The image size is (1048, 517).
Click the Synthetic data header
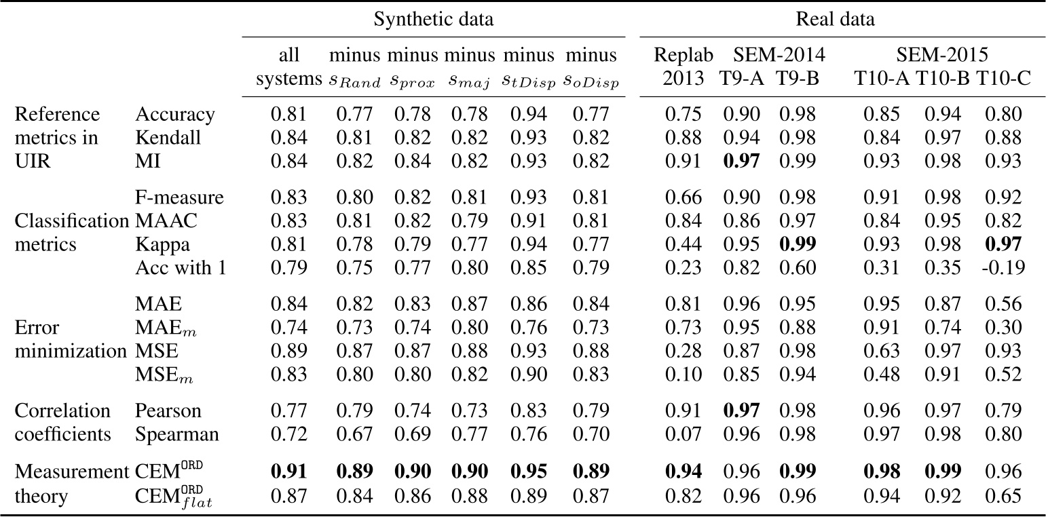click(x=434, y=19)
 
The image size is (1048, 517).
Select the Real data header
click(x=835, y=19)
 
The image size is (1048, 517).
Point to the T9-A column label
click(x=741, y=78)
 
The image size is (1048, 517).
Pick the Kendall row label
click(x=168, y=138)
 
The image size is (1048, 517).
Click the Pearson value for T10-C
click(x=1003, y=410)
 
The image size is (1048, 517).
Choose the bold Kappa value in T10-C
click(x=1003, y=244)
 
